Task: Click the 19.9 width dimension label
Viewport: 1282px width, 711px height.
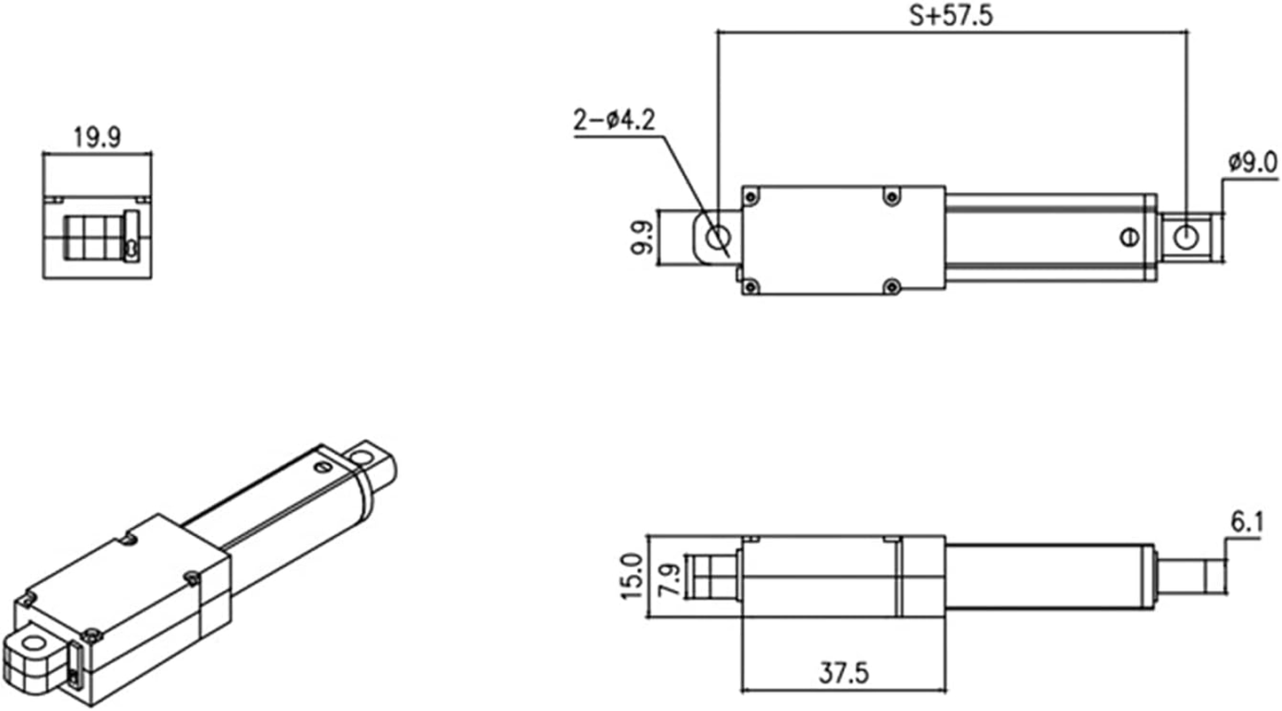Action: pos(97,137)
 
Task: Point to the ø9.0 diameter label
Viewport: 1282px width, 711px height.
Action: pos(1252,162)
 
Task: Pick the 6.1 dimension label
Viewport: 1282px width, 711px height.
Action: pos(1246,524)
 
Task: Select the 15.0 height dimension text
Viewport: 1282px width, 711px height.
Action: pos(631,576)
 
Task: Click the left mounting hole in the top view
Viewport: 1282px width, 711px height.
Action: pos(718,237)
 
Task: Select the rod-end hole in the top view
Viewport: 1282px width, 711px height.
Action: pos(1185,237)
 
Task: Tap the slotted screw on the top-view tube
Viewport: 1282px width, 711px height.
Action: pos(1128,236)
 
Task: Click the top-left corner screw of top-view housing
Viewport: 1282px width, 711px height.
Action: pos(752,196)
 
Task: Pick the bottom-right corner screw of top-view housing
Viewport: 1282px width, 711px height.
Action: pos(892,284)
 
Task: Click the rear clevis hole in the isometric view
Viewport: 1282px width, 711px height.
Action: pos(35,643)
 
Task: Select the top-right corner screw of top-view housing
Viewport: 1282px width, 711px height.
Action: pos(890,196)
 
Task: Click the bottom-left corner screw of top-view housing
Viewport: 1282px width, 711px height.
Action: pos(752,284)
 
